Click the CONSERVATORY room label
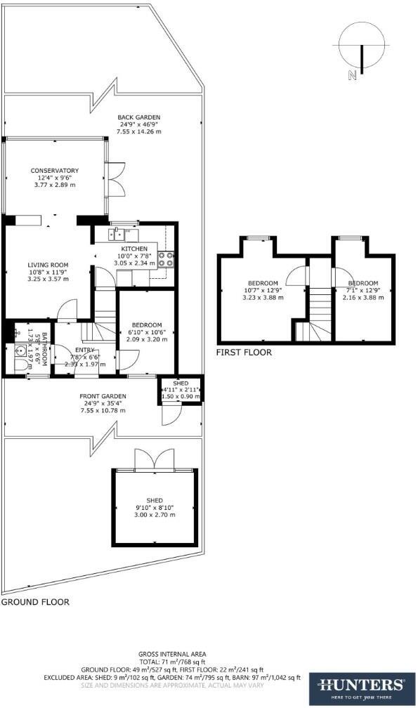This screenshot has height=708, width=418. point(54,171)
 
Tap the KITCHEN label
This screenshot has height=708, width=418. point(133,249)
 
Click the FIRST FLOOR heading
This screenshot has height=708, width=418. point(244,352)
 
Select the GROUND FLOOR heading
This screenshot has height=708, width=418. point(35,602)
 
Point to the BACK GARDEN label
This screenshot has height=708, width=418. point(139,117)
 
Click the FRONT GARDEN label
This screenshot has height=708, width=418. point(104,395)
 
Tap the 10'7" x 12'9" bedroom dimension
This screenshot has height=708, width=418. point(263,290)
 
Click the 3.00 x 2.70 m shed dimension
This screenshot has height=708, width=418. point(155,516)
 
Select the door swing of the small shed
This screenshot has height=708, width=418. point(169,417)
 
